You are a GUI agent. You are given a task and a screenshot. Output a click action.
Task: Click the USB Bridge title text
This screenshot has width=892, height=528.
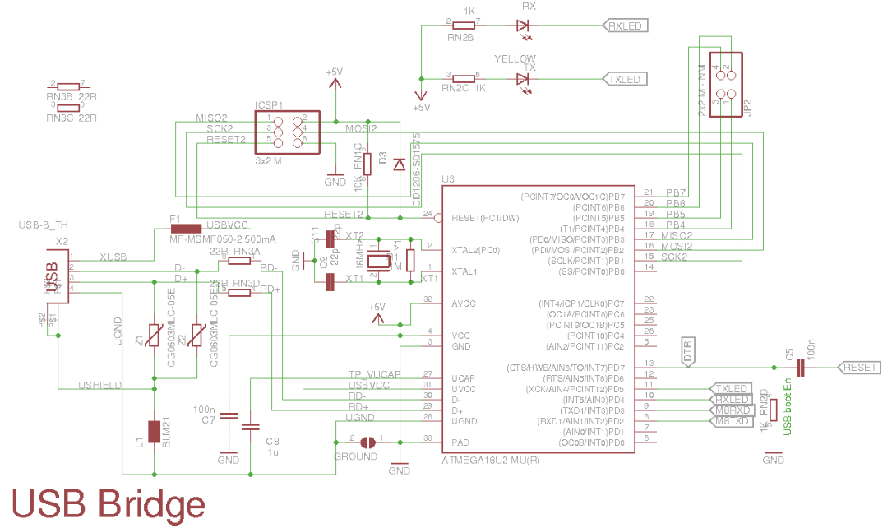pyautogui.click(x=108, y=503)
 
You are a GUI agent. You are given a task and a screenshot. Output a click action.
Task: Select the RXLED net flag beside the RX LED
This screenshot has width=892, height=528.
pyautogui.click(x=625, y=25)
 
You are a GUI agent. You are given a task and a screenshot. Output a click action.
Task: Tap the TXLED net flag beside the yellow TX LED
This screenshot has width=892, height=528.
pyautogui.click(x=625, y=79)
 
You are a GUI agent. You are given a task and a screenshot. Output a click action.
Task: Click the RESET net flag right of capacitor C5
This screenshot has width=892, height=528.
pyautogui.click(x=858, y=367)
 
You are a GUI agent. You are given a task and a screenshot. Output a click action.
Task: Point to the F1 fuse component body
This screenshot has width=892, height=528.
pyautogui.click(x=186, y=228)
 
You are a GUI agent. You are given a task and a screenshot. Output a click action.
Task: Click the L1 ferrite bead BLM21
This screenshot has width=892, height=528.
pyautogui.click(x=154, y=431)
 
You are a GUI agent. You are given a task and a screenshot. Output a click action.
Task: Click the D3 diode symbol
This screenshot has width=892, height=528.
pyautogui.click(x=400, y=164)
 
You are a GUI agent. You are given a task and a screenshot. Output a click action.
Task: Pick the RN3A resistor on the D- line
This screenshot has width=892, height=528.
pyautogui.click(x=239, y=261)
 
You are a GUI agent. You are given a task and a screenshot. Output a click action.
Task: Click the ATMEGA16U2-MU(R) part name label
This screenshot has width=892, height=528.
pyautogui.click(x=492, y=458)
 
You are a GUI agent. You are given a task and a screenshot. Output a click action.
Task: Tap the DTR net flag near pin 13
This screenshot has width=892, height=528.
pyautogui.click(x=688, y=350)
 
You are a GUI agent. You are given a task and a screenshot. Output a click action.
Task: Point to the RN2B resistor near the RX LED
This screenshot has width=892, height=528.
pyautogui.click(x=464, y=25)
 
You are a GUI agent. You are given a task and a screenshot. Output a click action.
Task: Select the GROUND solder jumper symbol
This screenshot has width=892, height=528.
pyautogui.click(x=367, y=442)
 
